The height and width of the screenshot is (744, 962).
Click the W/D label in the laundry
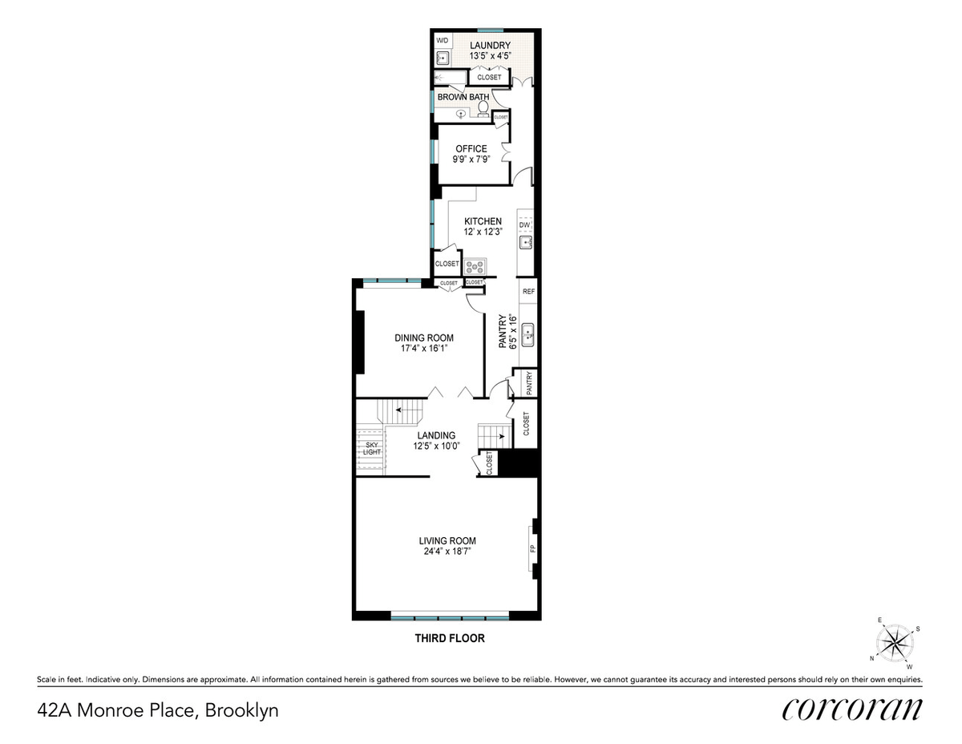pyautogui.click(x=443, y=41)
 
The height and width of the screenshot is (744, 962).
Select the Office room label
pyautogui.click(x=471, y=148)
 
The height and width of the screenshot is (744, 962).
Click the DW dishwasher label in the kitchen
pyautogui.click(x=524, y=225)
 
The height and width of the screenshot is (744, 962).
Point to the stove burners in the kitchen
pyautogui.click(x=475, y=267)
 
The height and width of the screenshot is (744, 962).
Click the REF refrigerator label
pyautogui.click(x=528, y=291)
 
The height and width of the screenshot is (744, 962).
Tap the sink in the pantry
pyautogui.click(x=527, y=335)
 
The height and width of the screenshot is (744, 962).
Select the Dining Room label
pyautogui.click(x=424, y=338)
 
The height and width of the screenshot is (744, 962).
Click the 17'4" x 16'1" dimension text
pyautogui.click(x=424, y=348)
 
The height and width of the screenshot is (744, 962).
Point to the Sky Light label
pyautogui.click(x=372, y=448)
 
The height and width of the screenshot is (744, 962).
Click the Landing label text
pyautogui.click(x=436, y=435)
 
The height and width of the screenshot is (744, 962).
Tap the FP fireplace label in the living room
pyautogui.click(x=533, y=548)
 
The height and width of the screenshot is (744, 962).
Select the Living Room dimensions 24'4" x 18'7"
pyautogui.click(x=447, y=552)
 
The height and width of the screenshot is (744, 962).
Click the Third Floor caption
pyautogui.click(x=450, y=638)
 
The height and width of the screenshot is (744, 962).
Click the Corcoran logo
pyautogui.click(x=852, y=710)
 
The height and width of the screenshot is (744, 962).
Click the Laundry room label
pyautogui.click(x=490, y=46)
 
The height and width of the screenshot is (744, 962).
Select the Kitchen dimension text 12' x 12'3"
pyautogui.click(x=483, y=232)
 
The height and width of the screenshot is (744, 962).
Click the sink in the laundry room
pyautogui.click(x=443, y=58)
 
